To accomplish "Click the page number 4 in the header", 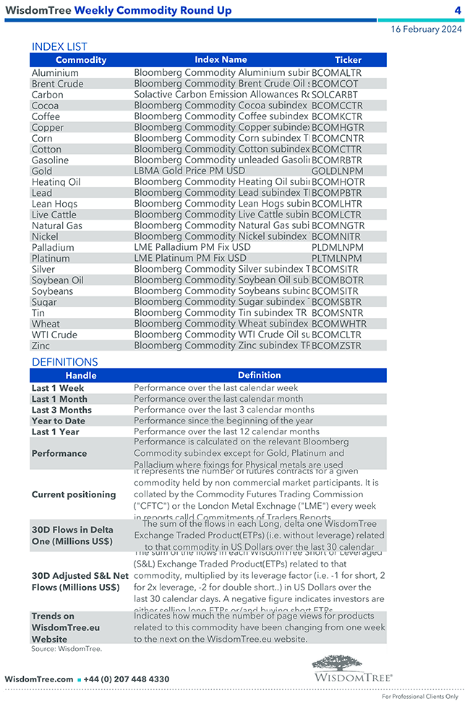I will (x=458, y=10).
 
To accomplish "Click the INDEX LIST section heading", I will (x=59, y=47).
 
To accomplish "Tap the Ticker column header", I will (x=348, y=60).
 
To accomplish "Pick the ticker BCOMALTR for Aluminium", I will (x=336, y=73).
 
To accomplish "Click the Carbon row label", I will (x=47, y=95).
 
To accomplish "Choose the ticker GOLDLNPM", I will (x=336, y=171).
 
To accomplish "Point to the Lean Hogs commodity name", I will (x=54, y=204).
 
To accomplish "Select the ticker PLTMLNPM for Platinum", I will (x=336, y=258).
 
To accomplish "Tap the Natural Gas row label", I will (x=57, y=225).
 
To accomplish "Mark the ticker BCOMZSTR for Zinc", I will (x=336, y=345).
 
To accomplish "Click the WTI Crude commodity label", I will (x=53, y=335).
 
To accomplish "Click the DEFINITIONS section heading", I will (x=64, y=362).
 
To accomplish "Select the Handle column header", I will (x=81, y=376).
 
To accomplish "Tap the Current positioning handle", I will (x=74, y=495).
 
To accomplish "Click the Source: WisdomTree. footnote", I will (x=67, y=649).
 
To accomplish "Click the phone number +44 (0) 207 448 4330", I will (x=127, y=679).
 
